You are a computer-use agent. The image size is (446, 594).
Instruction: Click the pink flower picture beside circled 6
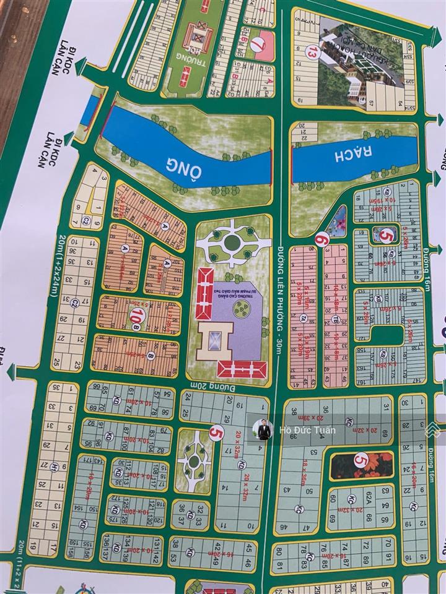click(x=339, y=220)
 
